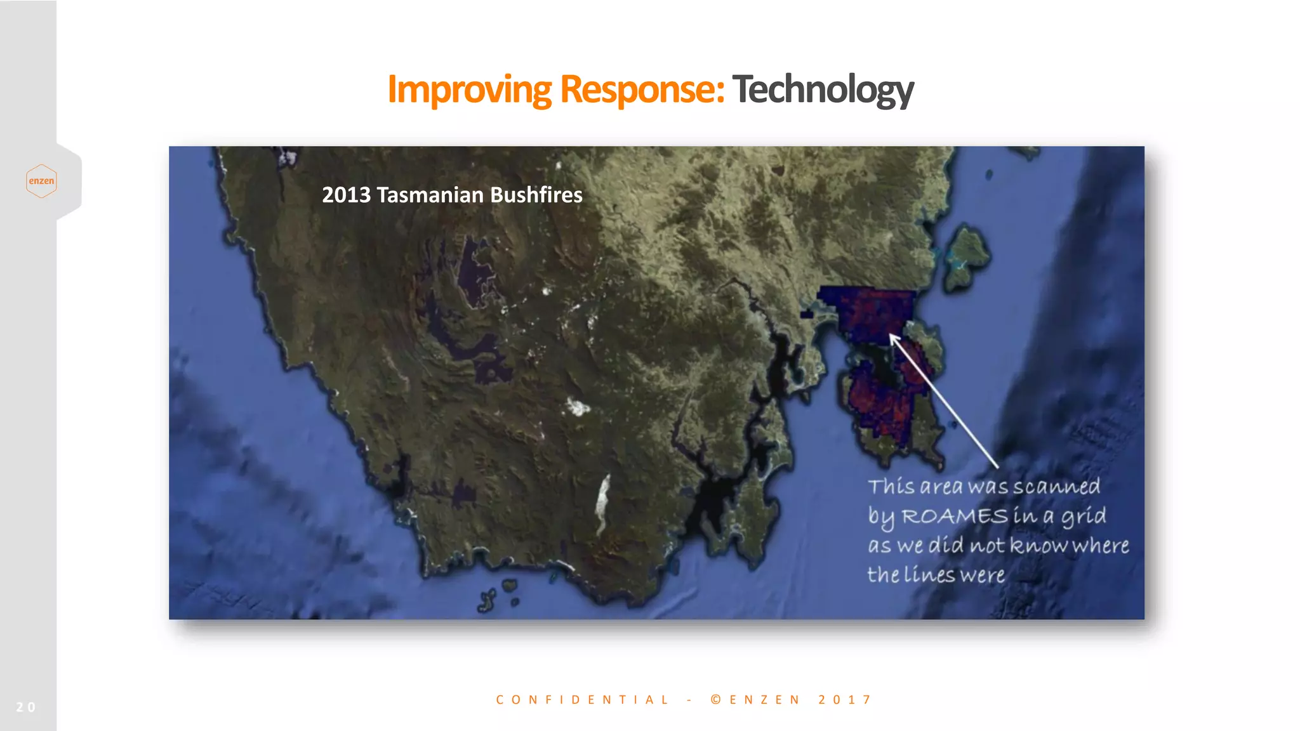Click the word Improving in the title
point(469,89)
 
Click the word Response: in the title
point(642,89)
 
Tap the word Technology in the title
point(823,89)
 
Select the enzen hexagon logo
point(41,181)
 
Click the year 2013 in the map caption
point(346,195)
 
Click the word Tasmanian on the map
point(430,195)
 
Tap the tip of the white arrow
point(891,336)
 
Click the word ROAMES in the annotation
point(954,517)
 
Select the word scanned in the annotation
point(1056,487)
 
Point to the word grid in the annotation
point(1083,517)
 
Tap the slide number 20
point(25,707)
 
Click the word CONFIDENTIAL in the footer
point(582,700)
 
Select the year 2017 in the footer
point(845,700)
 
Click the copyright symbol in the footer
point(716,700)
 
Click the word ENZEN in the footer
point(765,700)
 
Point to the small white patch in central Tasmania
point(578,407)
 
